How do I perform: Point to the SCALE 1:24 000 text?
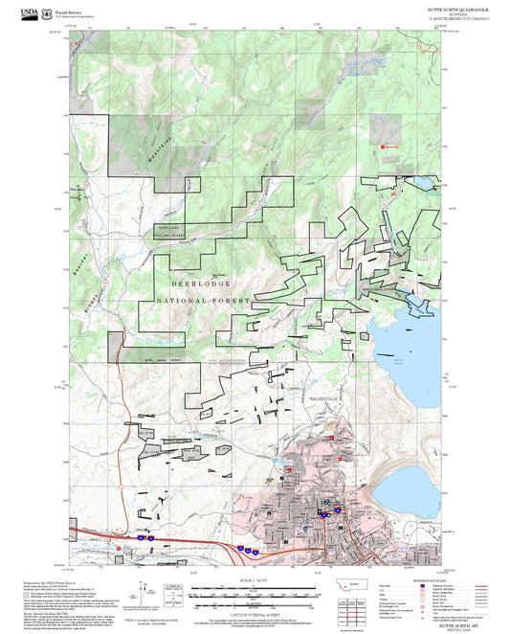254,579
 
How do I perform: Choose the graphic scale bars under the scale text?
254,594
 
